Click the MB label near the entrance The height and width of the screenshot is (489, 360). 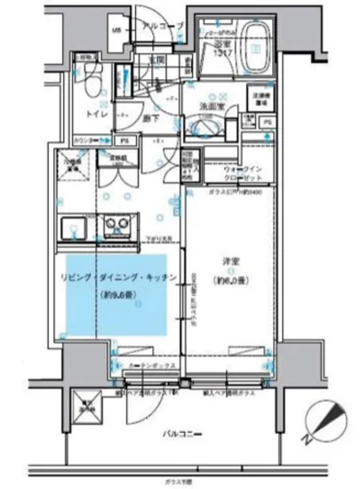[116, 32]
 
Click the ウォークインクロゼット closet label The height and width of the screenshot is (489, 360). [241, 171]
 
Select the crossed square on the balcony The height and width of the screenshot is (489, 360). [87, 409]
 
